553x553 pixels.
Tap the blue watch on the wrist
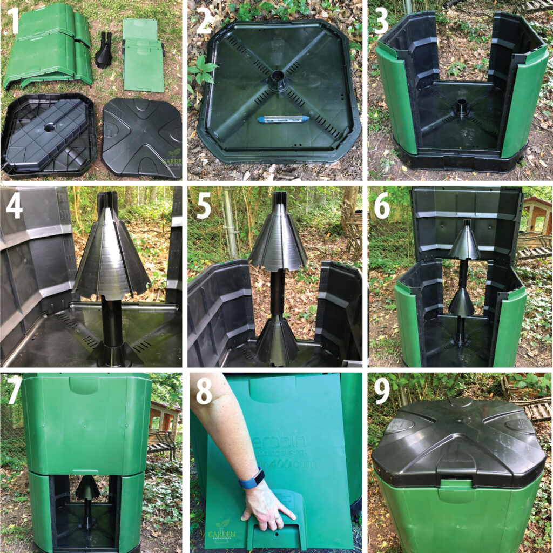click(x=252, y=478)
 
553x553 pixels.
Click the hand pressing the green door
click(x=267, y=510)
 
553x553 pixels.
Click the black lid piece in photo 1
click(x=141, y=136)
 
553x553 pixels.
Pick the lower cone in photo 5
click(x=276, y=337)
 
